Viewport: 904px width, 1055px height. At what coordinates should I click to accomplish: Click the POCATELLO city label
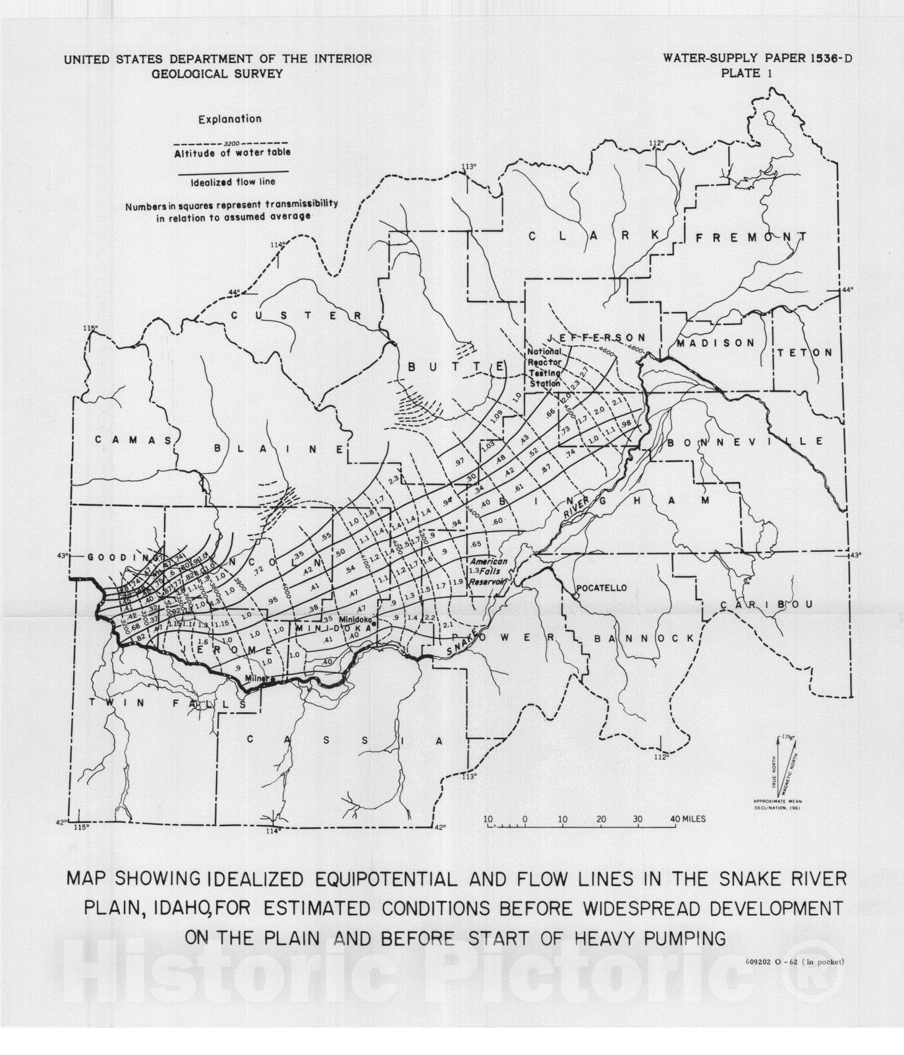click(x=601, y=588)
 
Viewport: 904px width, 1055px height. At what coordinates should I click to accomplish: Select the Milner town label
click(x=256, y=677)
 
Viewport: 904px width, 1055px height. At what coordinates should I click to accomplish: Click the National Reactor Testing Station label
click(x=544, y=368)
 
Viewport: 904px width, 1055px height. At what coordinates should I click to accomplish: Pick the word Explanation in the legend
click(x=230, y=119)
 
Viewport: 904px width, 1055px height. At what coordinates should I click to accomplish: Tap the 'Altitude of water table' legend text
click(x=232, y=153)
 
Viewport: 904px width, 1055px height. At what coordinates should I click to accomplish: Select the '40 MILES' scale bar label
click(x=687, y=819)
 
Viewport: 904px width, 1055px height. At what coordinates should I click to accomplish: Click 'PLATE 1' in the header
click(x=747, y=73)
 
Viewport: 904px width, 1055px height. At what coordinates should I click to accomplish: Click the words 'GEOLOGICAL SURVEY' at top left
click(x=217, y=73)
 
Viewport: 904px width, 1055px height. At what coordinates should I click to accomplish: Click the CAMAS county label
click(x=133, y=440)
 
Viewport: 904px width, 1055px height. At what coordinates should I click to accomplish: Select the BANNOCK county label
click(x=644, y=638)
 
